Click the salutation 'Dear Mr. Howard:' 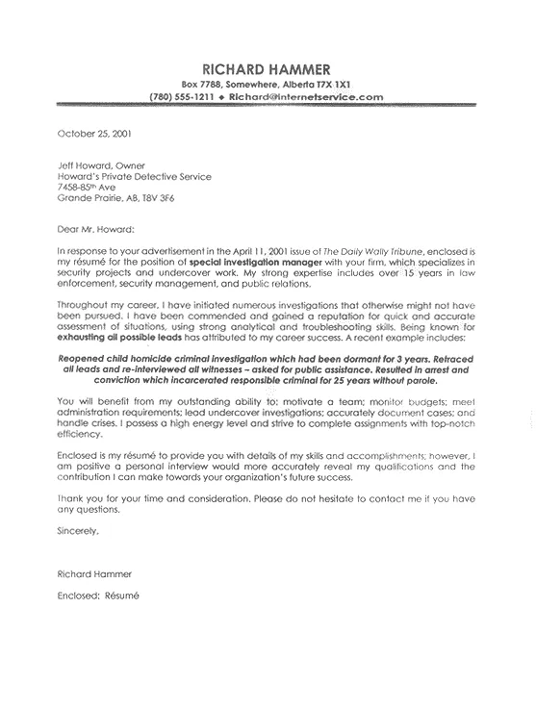pos(97,230)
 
